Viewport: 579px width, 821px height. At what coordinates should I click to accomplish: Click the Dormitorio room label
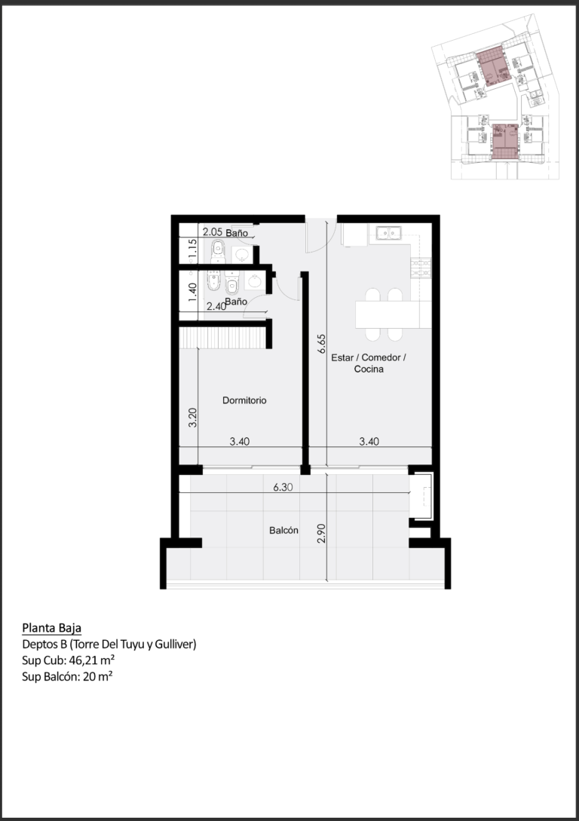click(244, 400)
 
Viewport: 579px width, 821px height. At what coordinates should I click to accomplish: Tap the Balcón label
click(283, 531)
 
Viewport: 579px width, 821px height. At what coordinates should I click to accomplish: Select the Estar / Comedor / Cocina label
click(369, 363)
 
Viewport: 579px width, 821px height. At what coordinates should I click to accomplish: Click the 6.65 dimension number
click(321, 344)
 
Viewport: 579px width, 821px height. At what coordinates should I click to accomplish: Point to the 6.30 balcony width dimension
click(283, 488)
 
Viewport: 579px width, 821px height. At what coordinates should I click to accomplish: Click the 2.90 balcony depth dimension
click(321, 533)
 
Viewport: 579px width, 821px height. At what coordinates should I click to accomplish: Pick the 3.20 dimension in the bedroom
click(193, 418)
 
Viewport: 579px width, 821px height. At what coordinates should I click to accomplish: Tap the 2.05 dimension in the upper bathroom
click(213, 231)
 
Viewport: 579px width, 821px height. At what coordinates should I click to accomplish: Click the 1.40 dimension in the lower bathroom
click(193, 293)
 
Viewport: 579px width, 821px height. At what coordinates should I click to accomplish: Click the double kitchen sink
click(388, 233)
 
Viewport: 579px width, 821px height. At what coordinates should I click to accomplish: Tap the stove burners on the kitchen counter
click(421, 268)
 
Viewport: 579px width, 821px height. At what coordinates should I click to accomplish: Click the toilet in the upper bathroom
click(218, 252)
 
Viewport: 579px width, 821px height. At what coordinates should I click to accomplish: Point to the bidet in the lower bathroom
click(213, 280)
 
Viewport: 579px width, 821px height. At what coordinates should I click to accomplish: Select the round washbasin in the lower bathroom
click(255, 282)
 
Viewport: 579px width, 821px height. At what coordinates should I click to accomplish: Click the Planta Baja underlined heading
click(52, 628)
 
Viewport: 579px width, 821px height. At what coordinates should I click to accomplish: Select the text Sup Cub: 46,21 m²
click(69, 660)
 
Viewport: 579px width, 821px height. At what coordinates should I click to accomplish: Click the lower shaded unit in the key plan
click(505, 142)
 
